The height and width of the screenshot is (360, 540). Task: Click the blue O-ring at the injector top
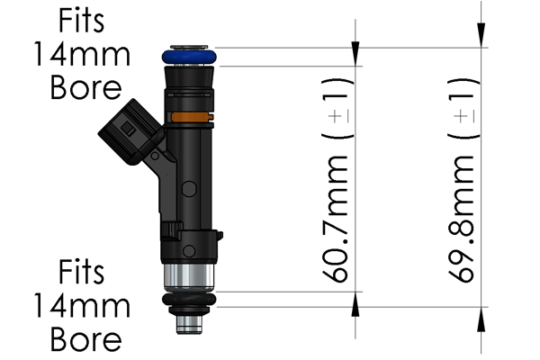pyautogui.click(x=190, y=57)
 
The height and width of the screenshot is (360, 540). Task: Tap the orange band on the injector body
pyautogui.click(x=190, y=117)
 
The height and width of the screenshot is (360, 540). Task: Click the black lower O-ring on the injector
pyautogui.click(x=190, y=301)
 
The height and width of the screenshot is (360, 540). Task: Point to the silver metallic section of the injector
pyautogui.click(x=190, y=278)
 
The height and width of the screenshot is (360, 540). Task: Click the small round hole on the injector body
pyautogui.click(x=189, y=188)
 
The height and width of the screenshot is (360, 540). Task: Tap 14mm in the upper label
pyautogui.click(x=81, y=54)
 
